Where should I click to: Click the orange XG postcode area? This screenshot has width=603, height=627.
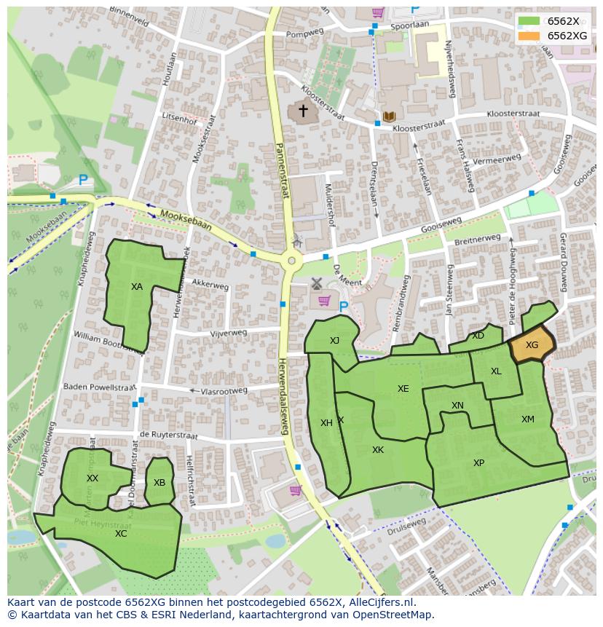click(x=532, y=345)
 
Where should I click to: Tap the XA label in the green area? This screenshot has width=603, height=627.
click(x=137, y=287)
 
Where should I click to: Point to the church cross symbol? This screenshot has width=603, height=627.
click(x=302, y=111)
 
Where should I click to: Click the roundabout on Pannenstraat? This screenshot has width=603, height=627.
click(x=292, y=261)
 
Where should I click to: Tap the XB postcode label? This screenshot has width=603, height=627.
click(x=159, y=482)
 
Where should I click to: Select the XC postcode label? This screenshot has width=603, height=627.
click(x=121, y=533)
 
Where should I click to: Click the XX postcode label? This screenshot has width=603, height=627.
click(x=92, y=478)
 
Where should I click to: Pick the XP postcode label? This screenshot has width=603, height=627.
click(x=478, y=463)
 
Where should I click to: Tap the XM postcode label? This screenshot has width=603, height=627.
click(x=528, y=419)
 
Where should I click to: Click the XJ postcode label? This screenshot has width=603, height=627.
click(x=334, y=341)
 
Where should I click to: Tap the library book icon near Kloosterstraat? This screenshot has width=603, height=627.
click(x=389, y=117)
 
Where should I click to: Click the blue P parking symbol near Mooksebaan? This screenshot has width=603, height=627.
click(x=83, y=179)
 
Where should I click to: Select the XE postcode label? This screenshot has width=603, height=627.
click(x=403, y=389)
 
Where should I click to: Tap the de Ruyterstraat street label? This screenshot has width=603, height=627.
click(x=168, y=435)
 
